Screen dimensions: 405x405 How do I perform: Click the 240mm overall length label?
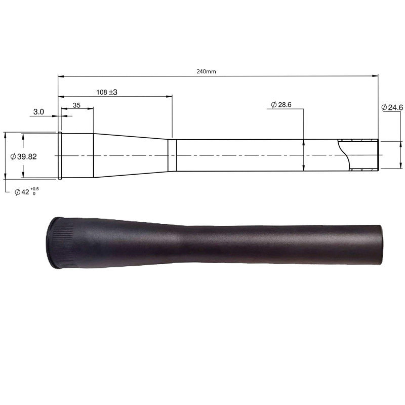[206, 71]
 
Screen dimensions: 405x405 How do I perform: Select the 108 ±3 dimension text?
[107, 92]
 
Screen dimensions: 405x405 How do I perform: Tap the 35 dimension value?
[76, 105]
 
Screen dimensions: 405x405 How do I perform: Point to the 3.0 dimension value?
[38, 112]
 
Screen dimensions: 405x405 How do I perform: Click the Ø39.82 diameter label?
[23, 156]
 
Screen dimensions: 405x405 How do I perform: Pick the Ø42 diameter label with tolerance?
[27, 191]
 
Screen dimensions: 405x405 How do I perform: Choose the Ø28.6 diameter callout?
[281, 105]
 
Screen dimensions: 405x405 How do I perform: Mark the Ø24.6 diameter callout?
[392, 107]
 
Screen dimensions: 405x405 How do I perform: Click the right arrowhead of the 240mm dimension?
[375, 76]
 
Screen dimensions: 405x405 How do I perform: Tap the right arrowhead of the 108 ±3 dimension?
[169, 97]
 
